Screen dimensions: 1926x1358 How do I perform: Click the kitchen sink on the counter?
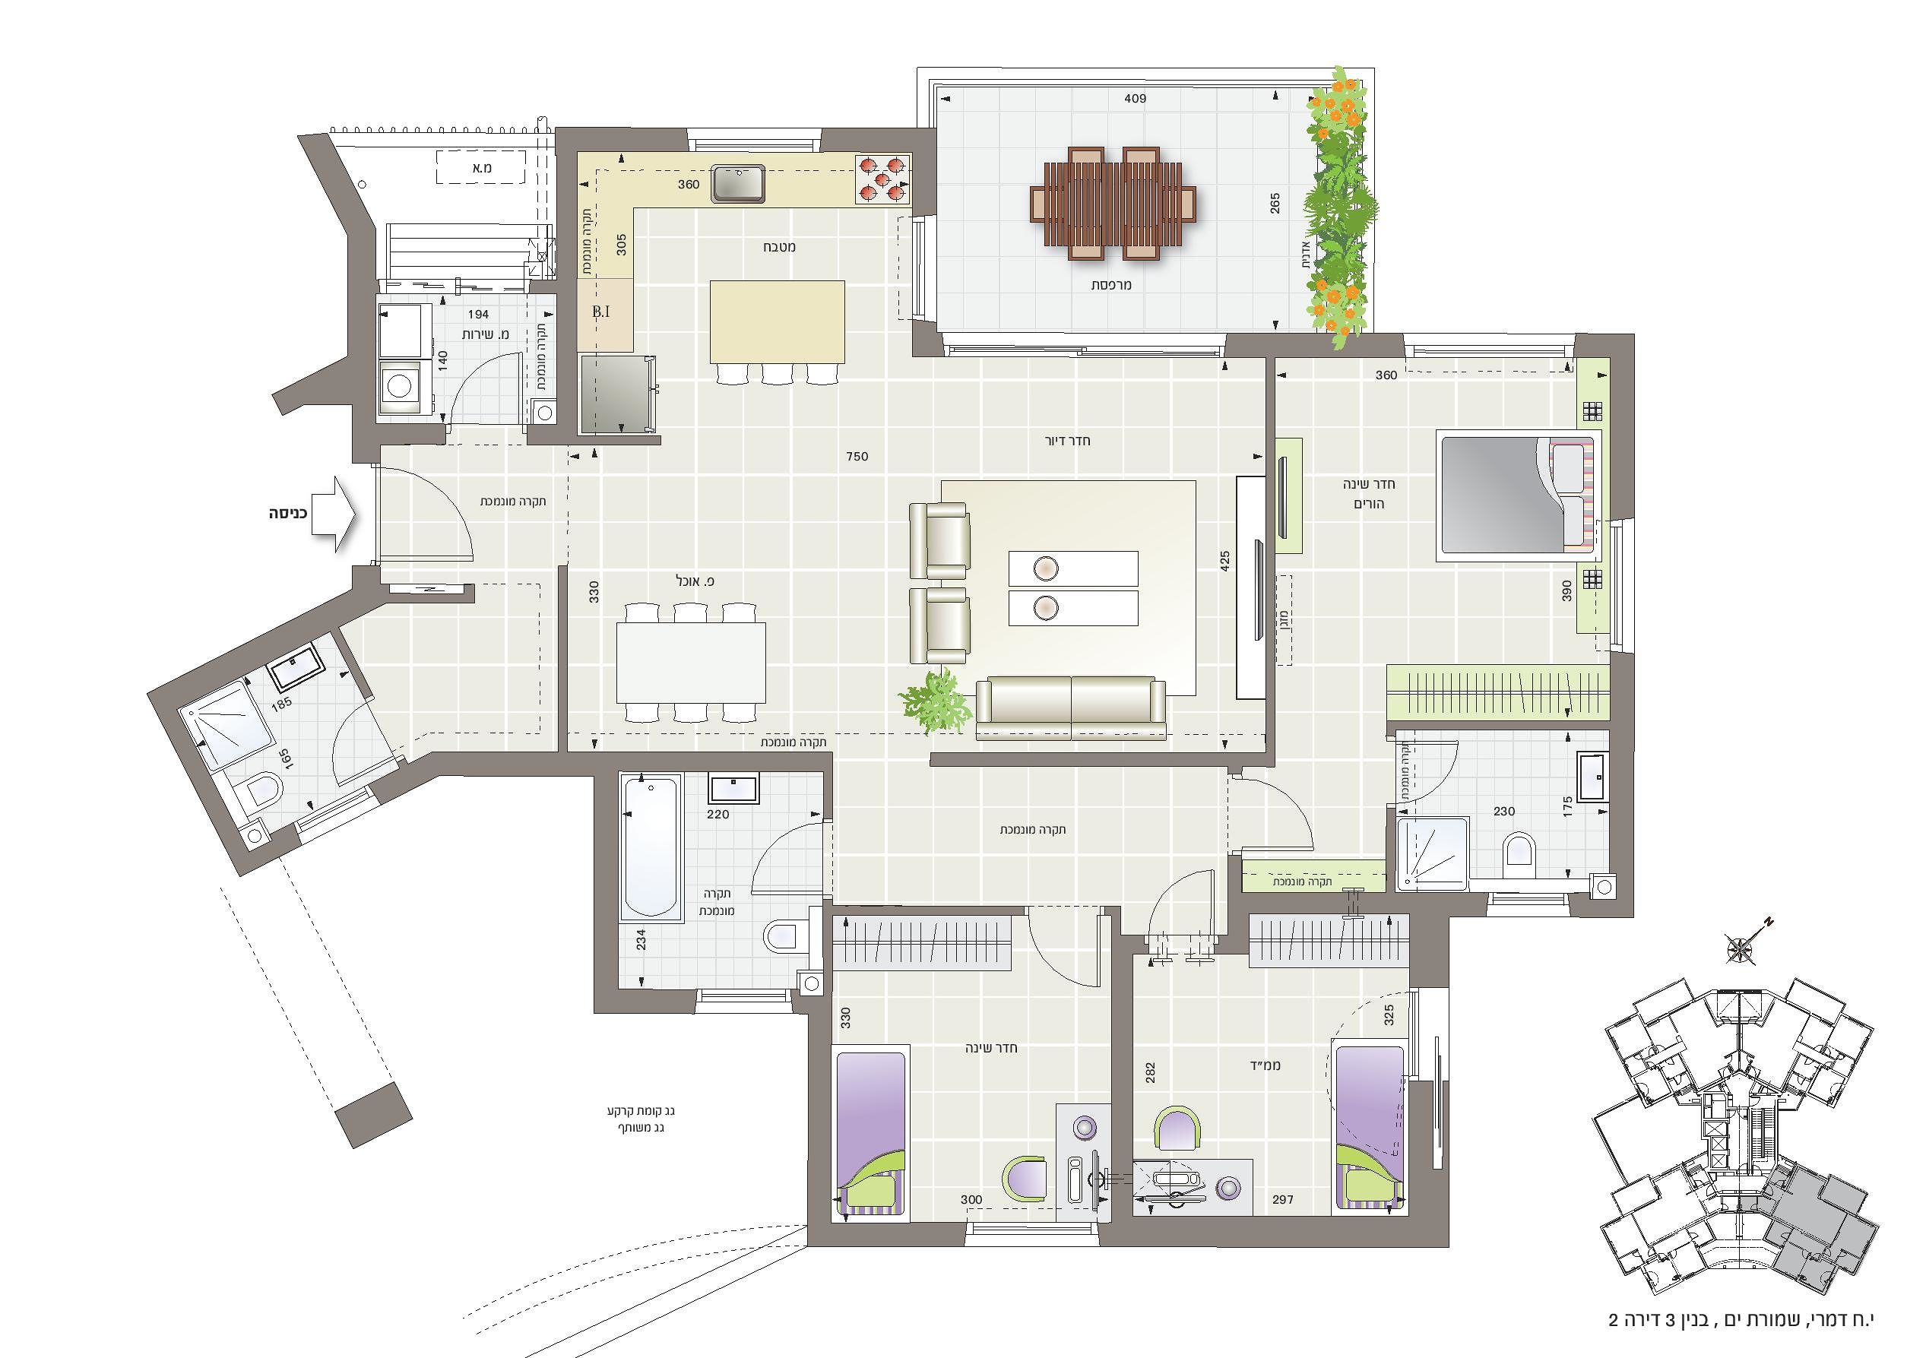tap(738, 184)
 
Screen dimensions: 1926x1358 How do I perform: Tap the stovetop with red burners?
tap(882, 179)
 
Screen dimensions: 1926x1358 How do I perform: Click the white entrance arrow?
tap(334, 514)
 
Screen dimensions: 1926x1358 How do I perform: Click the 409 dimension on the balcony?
tap(1135, 98)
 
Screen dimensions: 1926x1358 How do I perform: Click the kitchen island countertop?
tap(777, 322)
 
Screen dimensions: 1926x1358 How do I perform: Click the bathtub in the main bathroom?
tap(651, 847)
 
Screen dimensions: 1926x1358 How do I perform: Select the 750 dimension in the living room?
tap(857, 456)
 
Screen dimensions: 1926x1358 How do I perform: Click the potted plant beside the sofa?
tap(933, 701)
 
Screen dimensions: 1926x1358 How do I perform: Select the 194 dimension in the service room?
tap(478, 315)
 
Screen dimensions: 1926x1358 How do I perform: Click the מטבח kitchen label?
tap(779, 247)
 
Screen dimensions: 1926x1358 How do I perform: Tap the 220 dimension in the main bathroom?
tap(718, 814)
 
